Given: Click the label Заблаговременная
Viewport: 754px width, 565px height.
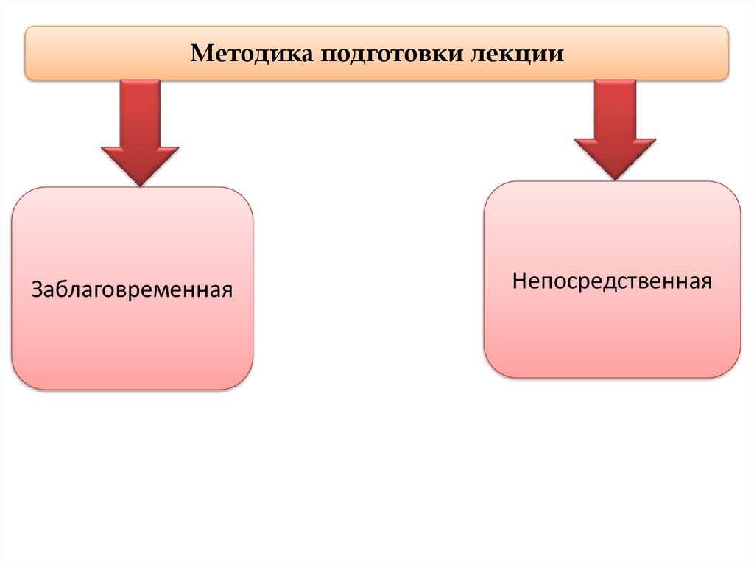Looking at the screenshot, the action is click(133, 287).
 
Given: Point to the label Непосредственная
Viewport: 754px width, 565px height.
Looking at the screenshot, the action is click(612, 281).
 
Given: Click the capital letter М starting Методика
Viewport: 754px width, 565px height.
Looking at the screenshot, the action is click(200, 54).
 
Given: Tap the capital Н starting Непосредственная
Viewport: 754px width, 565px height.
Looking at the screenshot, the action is click(519, 281).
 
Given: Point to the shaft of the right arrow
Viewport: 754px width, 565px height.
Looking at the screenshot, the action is click(614, 107).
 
